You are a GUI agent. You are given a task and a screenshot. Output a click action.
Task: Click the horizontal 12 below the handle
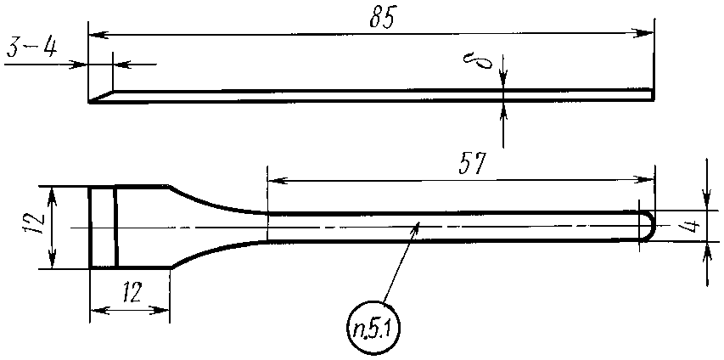click(x=132, y=293)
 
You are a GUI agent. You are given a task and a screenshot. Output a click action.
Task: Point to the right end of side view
click(x=652, y=94)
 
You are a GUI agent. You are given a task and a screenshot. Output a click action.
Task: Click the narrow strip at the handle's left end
click(x=103, y=227)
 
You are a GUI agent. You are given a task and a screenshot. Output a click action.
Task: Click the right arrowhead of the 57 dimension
click(x=648, y=179)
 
